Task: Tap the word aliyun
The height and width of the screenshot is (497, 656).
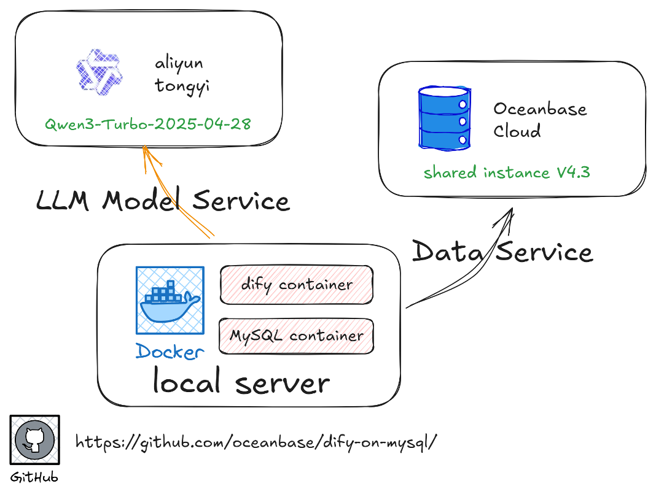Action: (x=179, y=63)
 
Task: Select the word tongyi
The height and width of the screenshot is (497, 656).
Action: (x=182, y=86)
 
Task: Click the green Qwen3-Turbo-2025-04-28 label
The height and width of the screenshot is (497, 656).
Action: (x=147, y=123)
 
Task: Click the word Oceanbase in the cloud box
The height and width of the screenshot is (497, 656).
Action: (x=540, y=109)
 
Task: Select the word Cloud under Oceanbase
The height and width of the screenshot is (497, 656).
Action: (x=517, y=131)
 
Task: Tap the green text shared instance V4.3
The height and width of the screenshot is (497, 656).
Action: (x=507, y=172)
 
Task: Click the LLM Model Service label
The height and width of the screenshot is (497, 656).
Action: (x=162, y=201)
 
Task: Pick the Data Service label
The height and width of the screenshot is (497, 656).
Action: (x=502, y=252)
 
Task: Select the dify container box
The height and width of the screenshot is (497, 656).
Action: (x=297, y=285)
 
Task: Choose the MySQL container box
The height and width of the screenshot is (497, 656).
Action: (x=296, y=336)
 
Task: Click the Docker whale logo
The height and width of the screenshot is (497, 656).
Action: (x=170, y=301)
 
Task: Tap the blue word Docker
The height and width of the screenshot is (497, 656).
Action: (x=170, y=352)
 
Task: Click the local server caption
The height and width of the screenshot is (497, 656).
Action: (x=241, y=382)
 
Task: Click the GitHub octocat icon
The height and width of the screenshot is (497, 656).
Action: (x=35, y=439)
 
